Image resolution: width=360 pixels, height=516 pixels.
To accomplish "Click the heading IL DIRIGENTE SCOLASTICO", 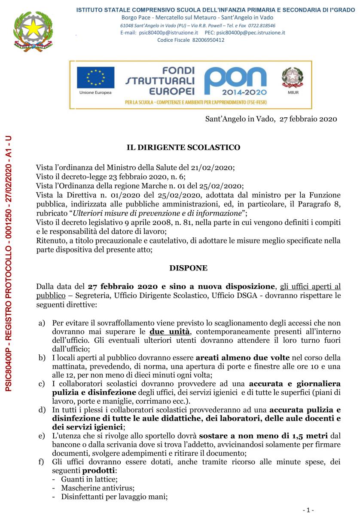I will pos(183,147).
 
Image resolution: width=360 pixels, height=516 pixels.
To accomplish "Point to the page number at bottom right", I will pos(308,510).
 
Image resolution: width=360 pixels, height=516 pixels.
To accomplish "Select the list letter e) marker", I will pos(42,435).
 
